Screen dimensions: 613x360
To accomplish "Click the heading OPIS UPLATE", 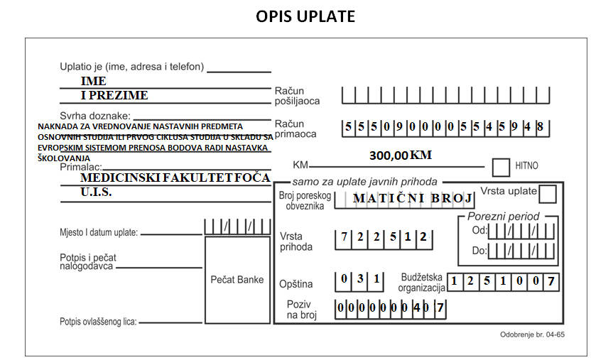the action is pos(305,16).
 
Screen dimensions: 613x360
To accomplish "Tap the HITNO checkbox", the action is pos(501,168).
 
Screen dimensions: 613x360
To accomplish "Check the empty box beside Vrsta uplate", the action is pos(548,194).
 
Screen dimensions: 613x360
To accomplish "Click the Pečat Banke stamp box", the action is pos(237,280).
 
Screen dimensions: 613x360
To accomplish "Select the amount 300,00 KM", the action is pos(401,156).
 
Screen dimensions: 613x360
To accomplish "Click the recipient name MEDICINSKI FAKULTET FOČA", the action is pos(175,178).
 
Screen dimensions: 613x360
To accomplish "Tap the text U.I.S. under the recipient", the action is pos(96,192).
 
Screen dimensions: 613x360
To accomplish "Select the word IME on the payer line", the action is pos(94,81).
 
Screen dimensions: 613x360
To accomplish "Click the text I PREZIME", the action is pos(114,95).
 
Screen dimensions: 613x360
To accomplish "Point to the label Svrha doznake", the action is pos(95,116).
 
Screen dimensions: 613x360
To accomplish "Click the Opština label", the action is pos(296,284).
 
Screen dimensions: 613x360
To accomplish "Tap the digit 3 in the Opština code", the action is pos(360,278).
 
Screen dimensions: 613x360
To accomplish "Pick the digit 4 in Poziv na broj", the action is pos(417,308).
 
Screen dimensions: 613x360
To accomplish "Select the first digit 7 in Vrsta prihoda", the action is pos(344,237).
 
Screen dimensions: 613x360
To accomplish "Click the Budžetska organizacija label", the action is pos(422,283).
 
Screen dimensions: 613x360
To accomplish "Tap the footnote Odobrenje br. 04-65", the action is pos(533,334).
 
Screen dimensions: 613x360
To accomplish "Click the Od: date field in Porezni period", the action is pos(521,231).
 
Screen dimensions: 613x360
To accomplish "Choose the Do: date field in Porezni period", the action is pos(521,251).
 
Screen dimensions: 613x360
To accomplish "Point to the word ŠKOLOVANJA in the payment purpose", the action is pos(64,158).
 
